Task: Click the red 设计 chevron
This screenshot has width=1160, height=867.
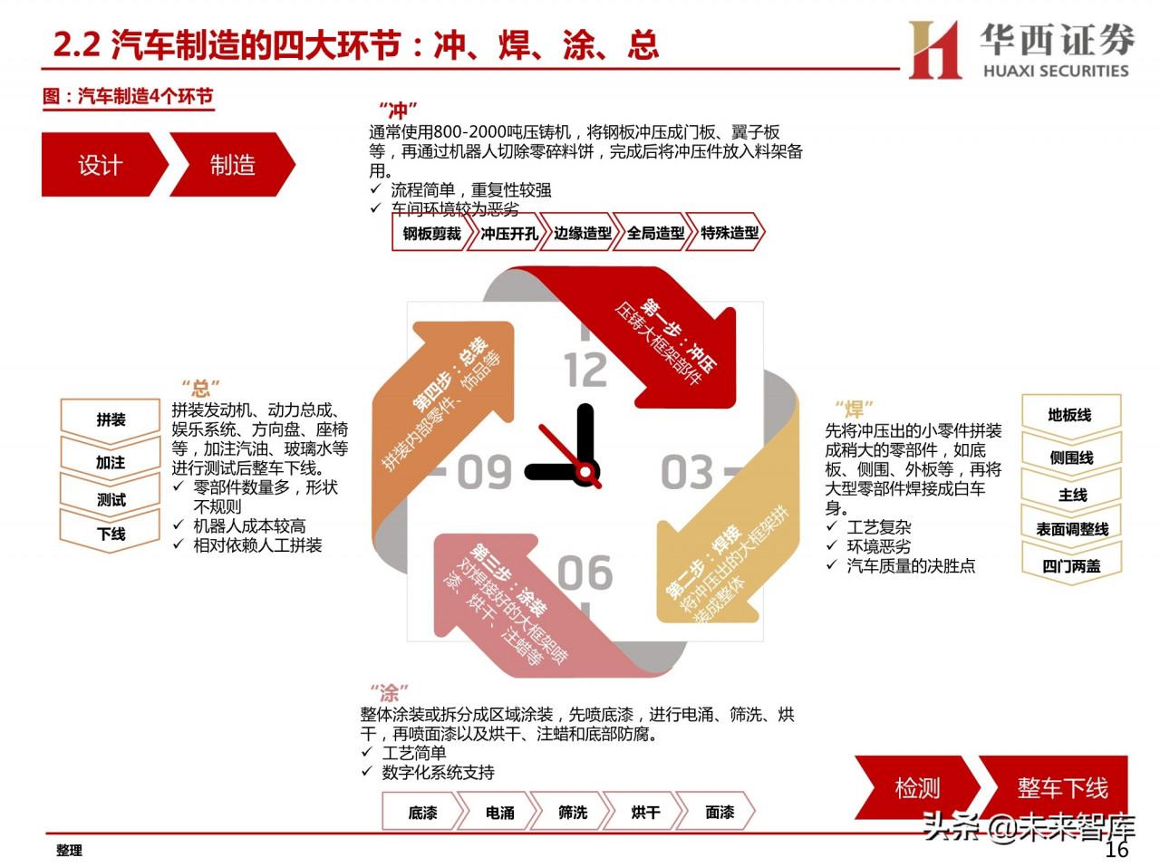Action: [101, 164]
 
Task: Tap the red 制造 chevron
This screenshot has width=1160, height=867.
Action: [233, 164]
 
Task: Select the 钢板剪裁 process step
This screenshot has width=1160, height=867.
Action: [431, 233]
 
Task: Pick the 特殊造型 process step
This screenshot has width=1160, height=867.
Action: [729, 233]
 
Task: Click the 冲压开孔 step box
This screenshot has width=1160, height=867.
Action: [508, 233]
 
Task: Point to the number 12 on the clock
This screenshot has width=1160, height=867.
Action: [585, 371]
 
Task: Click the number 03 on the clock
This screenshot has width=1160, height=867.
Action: [687, 472]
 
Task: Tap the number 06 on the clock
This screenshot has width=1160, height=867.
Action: [585, 573]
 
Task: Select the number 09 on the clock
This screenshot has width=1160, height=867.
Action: [484, 472]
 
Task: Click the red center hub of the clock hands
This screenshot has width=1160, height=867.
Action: [586, 471]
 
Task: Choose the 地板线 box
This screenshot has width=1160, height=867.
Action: [1071, 416]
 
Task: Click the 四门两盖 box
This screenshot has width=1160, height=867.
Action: [1071, 566]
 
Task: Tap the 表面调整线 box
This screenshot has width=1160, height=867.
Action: [1071, 529]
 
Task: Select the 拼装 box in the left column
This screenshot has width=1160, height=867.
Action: [111, 420]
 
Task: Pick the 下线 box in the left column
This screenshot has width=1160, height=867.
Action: [111, 534]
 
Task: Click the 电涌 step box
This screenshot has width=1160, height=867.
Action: [499, 812]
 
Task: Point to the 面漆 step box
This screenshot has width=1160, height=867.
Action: [719, 812]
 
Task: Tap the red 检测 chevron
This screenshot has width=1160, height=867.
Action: [917, 788]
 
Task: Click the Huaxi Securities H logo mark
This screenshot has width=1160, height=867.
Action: [934, 50]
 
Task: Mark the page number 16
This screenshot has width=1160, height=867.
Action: [1116, 849]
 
